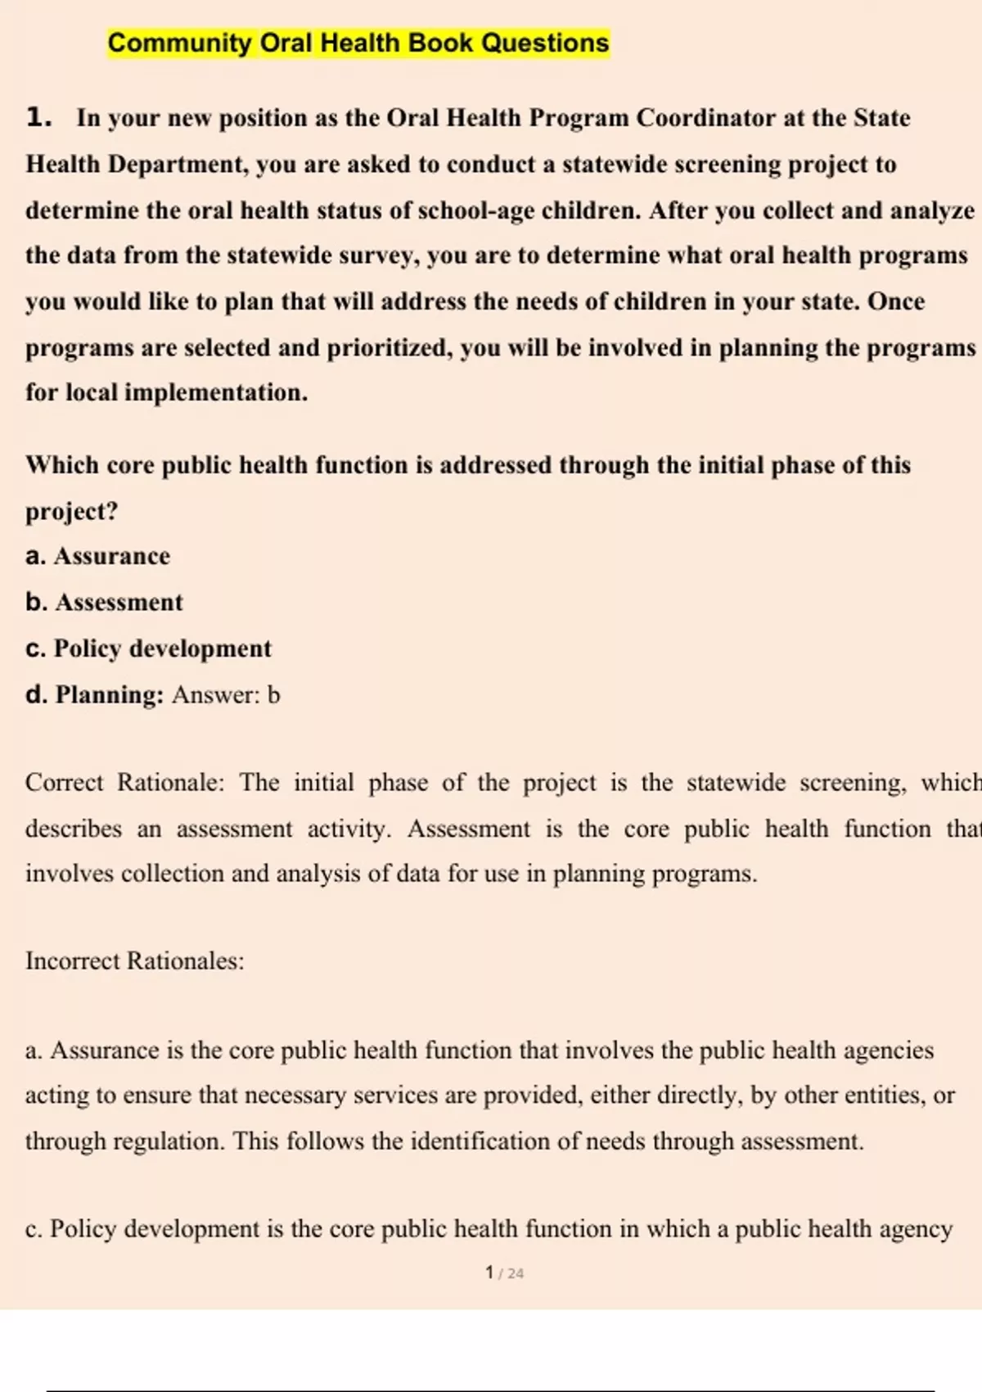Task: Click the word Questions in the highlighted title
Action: coord(545,43)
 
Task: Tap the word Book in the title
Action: coord(442,43)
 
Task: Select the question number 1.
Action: coord(38,118)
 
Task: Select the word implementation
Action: coord(215,393)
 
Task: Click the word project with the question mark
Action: coord(72,512)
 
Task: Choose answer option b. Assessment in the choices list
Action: coord(104,603)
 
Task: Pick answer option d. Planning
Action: coord(95,695)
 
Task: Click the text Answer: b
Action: coord(226,695)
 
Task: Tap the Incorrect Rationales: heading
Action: coord(135,960)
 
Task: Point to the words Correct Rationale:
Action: coord(124,783)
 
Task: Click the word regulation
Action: coord(168,1141)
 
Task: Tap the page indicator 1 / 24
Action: coord(504,1272)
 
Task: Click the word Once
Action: coord(896,301)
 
